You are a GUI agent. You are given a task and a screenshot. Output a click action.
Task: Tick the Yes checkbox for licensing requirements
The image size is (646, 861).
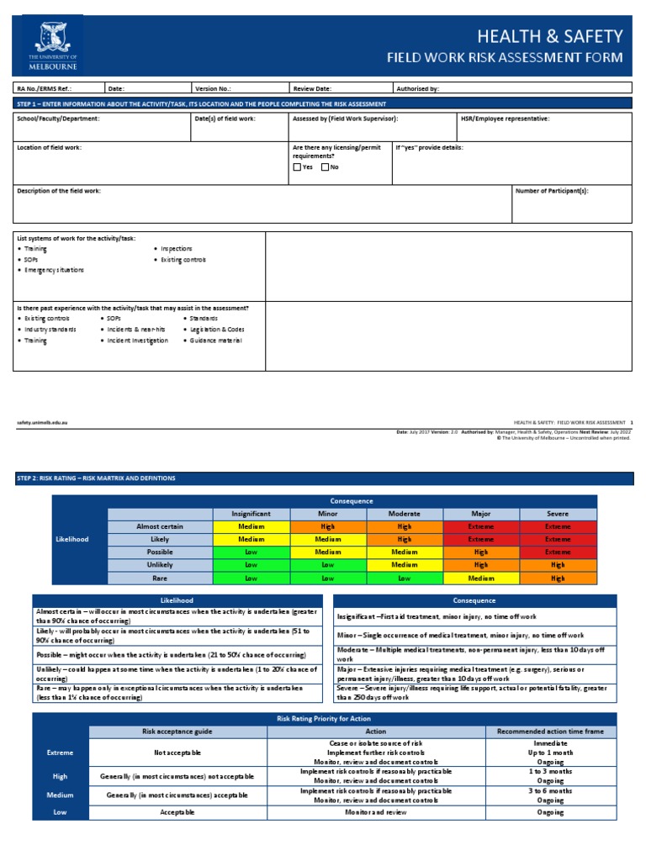pos(297,167)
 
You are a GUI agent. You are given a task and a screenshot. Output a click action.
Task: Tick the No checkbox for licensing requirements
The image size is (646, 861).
pos(325,167)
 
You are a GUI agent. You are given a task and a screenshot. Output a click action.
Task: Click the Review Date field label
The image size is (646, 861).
pos(312,87)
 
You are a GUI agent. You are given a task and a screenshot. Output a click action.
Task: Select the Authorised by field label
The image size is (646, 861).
pos(416,87)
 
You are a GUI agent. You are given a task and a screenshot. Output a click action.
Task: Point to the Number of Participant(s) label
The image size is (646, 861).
pos(552,191)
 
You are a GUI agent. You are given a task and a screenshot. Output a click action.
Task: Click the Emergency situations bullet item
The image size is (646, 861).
pos(54,270)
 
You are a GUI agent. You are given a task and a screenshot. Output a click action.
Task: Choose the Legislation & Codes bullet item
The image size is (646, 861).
pos(217,330)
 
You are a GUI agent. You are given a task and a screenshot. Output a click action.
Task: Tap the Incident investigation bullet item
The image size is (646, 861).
pos(137,341)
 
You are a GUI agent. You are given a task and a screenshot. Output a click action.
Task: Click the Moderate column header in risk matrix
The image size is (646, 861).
pos(405,514)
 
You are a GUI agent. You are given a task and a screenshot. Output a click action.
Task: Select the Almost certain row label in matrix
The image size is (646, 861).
pos(160,526)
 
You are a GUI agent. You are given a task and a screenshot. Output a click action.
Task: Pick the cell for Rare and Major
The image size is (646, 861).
pos(481,578)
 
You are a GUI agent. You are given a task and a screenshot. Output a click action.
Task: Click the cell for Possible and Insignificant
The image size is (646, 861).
pos(251,552)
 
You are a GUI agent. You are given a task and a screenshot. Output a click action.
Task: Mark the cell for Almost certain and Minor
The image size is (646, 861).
pos(327,526)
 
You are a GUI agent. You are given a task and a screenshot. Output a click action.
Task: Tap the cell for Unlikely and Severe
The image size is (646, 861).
pos(558,565)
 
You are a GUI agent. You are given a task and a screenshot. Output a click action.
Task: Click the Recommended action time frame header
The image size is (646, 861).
pos(551,732)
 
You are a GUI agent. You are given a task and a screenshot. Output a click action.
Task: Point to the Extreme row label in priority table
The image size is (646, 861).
pos(61,753)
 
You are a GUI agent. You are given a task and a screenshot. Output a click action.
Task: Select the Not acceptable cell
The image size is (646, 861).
pos(177,753)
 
